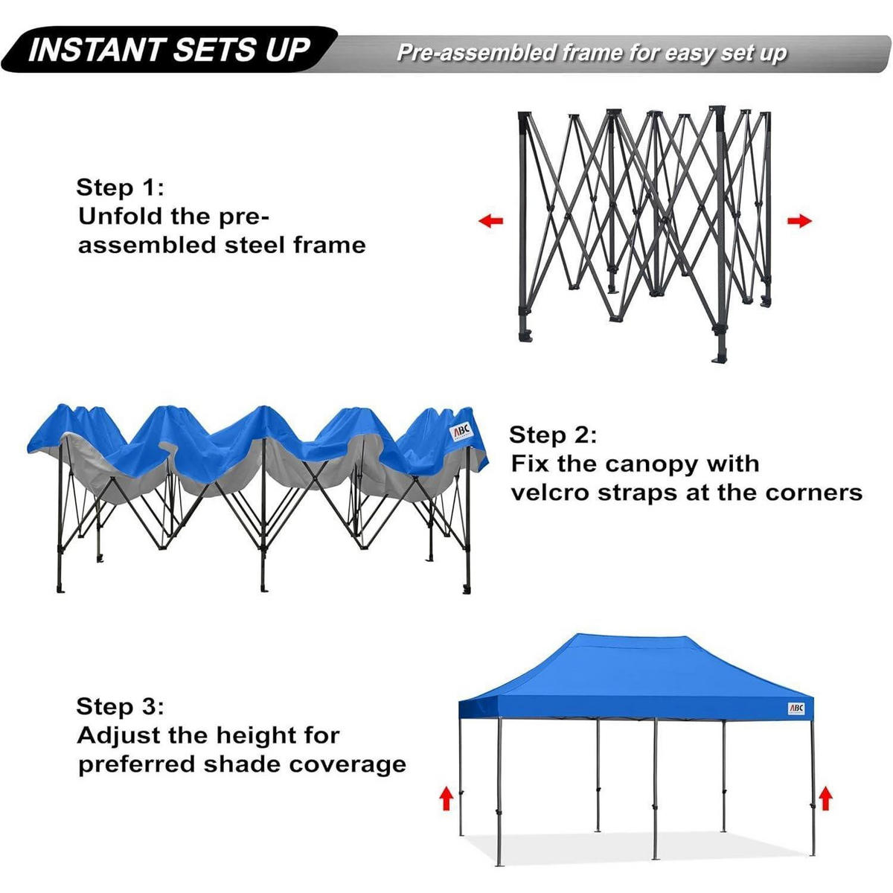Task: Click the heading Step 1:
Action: tap(120, 188)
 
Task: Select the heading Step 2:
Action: tap(553, 435)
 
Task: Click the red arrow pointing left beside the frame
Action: tap(490, 220)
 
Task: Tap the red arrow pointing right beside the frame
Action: tap(799, 220)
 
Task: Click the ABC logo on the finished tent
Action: tap(796, 708)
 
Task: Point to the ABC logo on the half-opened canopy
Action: tap(461, 432)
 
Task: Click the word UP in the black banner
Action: tap(287, 50)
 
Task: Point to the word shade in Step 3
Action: tap(242, 765)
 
